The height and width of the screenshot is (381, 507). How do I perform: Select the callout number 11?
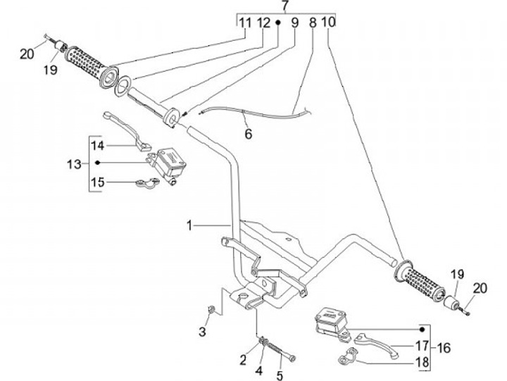point(244,23)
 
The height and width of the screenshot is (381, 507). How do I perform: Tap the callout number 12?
point(263,23)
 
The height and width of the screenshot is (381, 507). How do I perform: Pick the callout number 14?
point(98,146)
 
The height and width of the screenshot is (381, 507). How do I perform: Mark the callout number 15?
point(98,182)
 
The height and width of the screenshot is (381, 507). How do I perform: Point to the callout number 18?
point(422,362)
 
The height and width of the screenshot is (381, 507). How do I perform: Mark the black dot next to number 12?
point(278,23)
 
